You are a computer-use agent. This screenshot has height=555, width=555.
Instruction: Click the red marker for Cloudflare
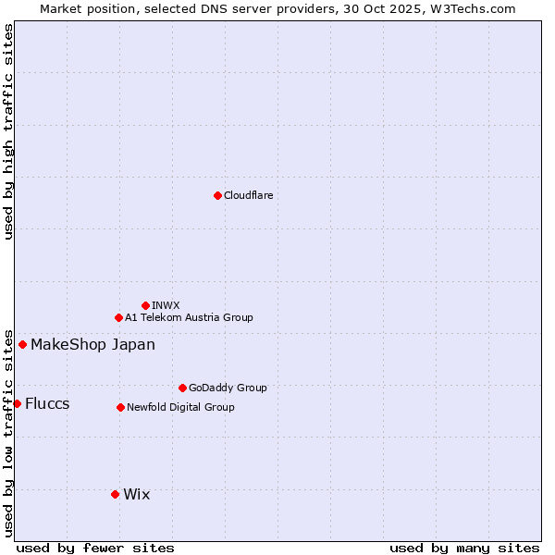pyautogui.click(x=217, y=195)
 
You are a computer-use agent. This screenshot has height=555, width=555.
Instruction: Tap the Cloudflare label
pyautogui.click(x=248, y=195)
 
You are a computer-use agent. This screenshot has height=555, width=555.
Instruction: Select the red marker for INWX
pyautogui.click(x=145, y=305)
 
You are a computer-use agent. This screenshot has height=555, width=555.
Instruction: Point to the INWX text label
pyautogui.click(x=166, y=305)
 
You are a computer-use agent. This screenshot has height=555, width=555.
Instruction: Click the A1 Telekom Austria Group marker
pyautogui.click(x=118, y=317)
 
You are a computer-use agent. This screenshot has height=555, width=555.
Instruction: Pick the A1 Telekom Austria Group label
pyautogui.click(x=189, y=317)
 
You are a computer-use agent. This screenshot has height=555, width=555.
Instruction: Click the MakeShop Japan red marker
pyautogui.click(x=22, y=344)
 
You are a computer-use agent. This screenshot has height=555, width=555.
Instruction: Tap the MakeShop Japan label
pyautogui.click(x=92, y=345)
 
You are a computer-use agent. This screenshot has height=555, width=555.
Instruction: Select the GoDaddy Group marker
pyautogui.click(x=182, y=388)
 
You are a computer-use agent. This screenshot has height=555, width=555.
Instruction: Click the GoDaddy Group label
pyautogui.click(x=228, y=388)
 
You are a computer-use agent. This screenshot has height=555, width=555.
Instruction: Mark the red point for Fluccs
pyautogui.click(x=17, y=403)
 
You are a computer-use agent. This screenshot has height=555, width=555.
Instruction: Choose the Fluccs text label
pyautogui.click(x=47, y=403)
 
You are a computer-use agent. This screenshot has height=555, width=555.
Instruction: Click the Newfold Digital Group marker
pyautogui.click(x=120, y=407)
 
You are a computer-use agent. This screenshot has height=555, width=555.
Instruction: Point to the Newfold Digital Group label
pyautogui.click(x=180, y=407)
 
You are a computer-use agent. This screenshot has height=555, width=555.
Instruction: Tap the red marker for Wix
pyautogui.click(x=115, y=494)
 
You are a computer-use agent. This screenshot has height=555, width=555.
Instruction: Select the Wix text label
pyautogui.click(x=136, y=494)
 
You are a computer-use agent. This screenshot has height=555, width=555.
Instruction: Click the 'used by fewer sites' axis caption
pyautogui.click(x=95, y=548)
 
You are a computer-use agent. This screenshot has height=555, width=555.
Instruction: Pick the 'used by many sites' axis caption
pyautogui.click(x=464, y=548)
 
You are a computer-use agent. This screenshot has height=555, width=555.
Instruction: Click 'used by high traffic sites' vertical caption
pyautogui.click(x=8, y=131)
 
